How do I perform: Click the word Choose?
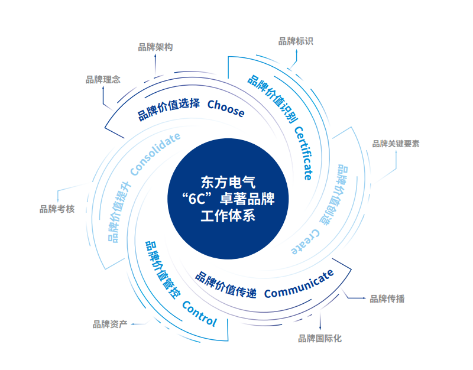[x=226, y=108]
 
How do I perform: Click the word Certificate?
[x=304, y=153]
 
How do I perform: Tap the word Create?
[x=305, y=242]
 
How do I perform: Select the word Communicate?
[x=299, y=284]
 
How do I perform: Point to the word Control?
[x=200, y=314]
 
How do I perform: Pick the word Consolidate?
[x=155, y=154]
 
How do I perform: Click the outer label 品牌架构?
[x=155, y=47]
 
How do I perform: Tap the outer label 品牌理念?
[x=103, y=80]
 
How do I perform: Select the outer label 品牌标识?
[x=296, y=41]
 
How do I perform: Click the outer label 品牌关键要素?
[x=396, y=144]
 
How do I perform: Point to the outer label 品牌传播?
[x=387, y=299]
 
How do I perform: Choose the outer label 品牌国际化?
[x=320, y=339]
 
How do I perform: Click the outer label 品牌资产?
[x=110, y=324]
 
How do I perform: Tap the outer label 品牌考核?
[x=57, y=209]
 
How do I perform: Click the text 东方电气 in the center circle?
[x=228, y=183]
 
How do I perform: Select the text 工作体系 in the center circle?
[x=228, y=216]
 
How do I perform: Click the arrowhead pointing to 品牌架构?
[x=155, y=55]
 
